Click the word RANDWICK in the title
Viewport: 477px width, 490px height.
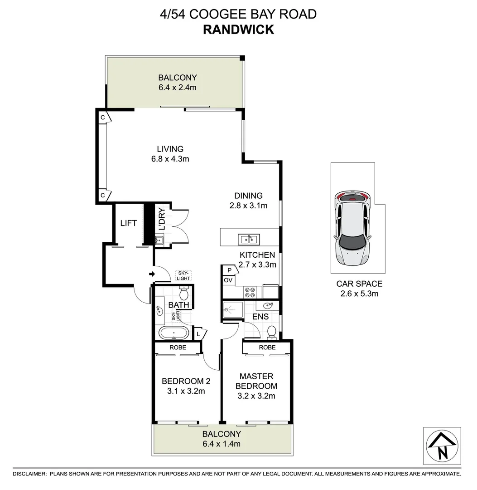point(238,29)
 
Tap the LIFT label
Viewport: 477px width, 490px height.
point(128,223)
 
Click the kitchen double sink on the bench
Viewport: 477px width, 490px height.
point(248,239)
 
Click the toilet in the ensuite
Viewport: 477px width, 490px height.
point(272,332)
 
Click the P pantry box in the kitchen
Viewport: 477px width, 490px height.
point(230,270)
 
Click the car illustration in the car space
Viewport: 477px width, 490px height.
point(352,228)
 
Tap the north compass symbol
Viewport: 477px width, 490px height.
point(442,446)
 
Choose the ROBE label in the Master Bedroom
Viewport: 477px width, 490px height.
point(267,348)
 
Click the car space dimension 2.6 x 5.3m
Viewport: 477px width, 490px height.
point(359,294)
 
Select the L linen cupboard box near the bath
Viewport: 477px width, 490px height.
point(198,334)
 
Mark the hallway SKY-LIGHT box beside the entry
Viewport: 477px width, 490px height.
point(183,275)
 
